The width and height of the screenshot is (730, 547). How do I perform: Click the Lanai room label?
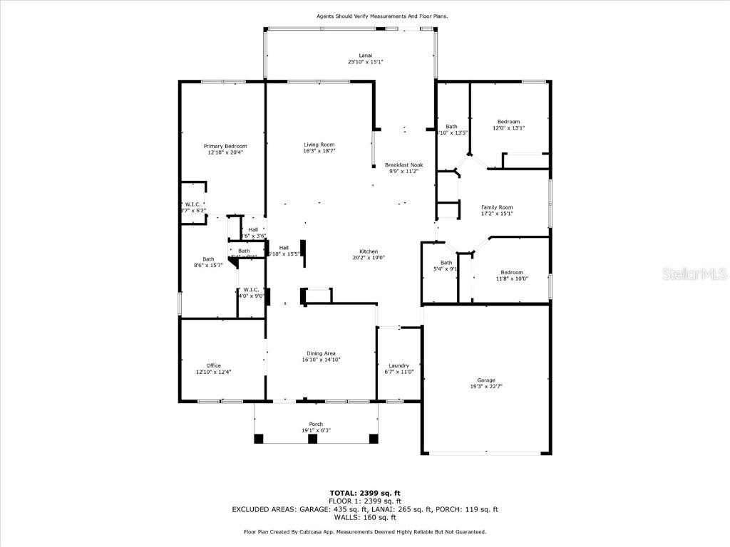[365, 55]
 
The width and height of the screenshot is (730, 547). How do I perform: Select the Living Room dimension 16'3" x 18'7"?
[319, 151]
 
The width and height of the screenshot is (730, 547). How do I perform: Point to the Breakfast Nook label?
[403, 165]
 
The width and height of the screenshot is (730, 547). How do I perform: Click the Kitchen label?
[369, 251]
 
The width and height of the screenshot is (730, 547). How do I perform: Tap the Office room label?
[214, 365]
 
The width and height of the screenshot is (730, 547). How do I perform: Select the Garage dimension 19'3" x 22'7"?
[486, 387]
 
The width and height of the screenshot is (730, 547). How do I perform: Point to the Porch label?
[316, 424]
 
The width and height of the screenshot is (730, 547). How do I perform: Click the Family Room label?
[497, 207]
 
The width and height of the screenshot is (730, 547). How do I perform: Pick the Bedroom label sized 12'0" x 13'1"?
[509, 121]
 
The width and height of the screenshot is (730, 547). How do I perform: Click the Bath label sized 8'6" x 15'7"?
[208, 259]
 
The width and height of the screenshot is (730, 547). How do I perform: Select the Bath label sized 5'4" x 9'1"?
[446, 263]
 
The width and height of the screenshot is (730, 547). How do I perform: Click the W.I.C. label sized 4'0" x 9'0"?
[251, 289]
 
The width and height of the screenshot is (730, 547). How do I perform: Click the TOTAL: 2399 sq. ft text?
[365, 493]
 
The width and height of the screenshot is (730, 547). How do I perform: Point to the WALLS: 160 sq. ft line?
[365, 517]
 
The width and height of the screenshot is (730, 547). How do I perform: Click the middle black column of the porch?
[312, 439]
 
